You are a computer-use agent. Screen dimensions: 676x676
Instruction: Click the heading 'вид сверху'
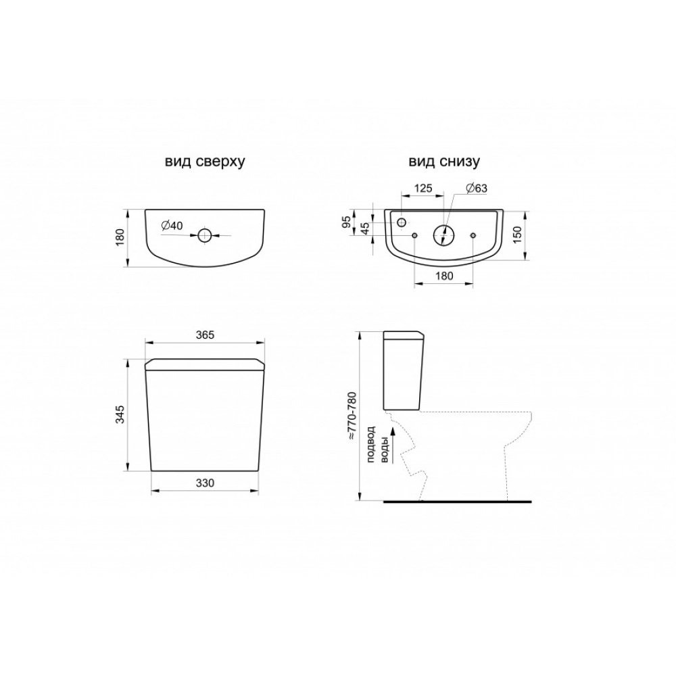[205, 162]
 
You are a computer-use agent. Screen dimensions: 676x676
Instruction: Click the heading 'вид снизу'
[444, 162]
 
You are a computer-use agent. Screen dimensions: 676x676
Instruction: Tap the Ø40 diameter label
[172, 226]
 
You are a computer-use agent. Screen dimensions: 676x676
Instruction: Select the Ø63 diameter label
[477, 188]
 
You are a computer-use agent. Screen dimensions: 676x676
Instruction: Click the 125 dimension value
[423, 188]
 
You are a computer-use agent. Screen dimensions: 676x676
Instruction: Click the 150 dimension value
[517, 235]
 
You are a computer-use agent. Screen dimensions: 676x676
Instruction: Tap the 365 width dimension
[205, 335]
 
